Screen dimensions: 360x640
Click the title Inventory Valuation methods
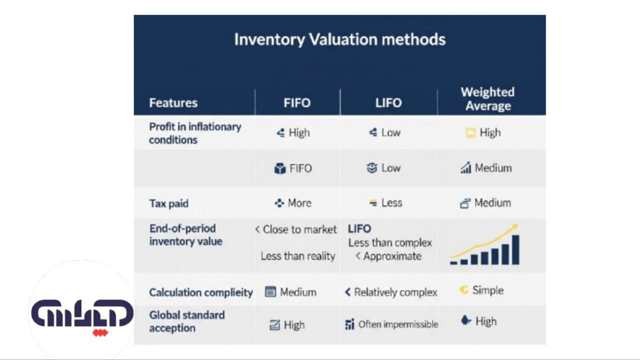339,39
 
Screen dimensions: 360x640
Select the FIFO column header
297,103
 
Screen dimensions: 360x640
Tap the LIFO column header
388,103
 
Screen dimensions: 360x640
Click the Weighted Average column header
487,99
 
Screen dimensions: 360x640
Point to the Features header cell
173,103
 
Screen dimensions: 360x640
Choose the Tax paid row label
168,203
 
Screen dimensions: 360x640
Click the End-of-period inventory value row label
185,235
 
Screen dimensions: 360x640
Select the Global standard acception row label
186,321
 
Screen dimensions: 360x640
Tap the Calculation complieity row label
200,292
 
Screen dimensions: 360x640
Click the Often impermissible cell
397,324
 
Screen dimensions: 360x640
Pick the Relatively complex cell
395,292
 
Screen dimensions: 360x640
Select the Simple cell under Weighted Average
487,290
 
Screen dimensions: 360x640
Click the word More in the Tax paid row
299,203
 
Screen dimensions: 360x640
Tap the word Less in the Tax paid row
391,203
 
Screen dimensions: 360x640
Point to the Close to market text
299,229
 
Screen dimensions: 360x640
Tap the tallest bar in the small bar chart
515,249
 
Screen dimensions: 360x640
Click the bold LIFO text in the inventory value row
359,229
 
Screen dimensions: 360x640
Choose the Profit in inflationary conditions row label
195,133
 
